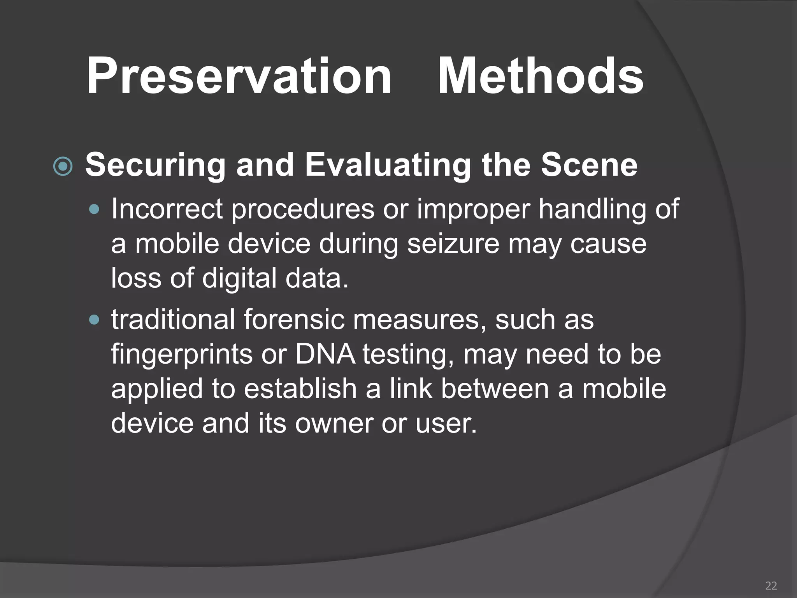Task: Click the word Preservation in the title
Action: point(239,76)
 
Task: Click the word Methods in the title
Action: point(541,76)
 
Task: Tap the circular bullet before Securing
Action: point(63,167)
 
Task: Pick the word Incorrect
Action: point(167,209)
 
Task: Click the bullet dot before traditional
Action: point(94,320)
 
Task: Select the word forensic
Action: point(294,320)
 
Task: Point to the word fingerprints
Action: point(182,355)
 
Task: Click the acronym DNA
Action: point(325,354)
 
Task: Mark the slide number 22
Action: point(771,586)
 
